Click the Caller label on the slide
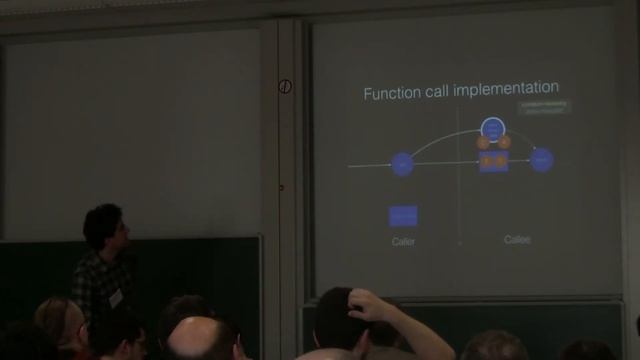coord(403,241)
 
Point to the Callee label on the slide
coord(517,240)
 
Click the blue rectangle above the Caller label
coord(403,215)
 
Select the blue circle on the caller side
coord(402,163)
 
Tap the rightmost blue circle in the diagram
coord(542,159)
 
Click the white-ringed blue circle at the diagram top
coord(493,128)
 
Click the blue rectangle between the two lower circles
coord(493,161)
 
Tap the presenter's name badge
coord(115,297)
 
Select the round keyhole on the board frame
coord(285,87)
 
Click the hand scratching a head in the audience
coord(366,305)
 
